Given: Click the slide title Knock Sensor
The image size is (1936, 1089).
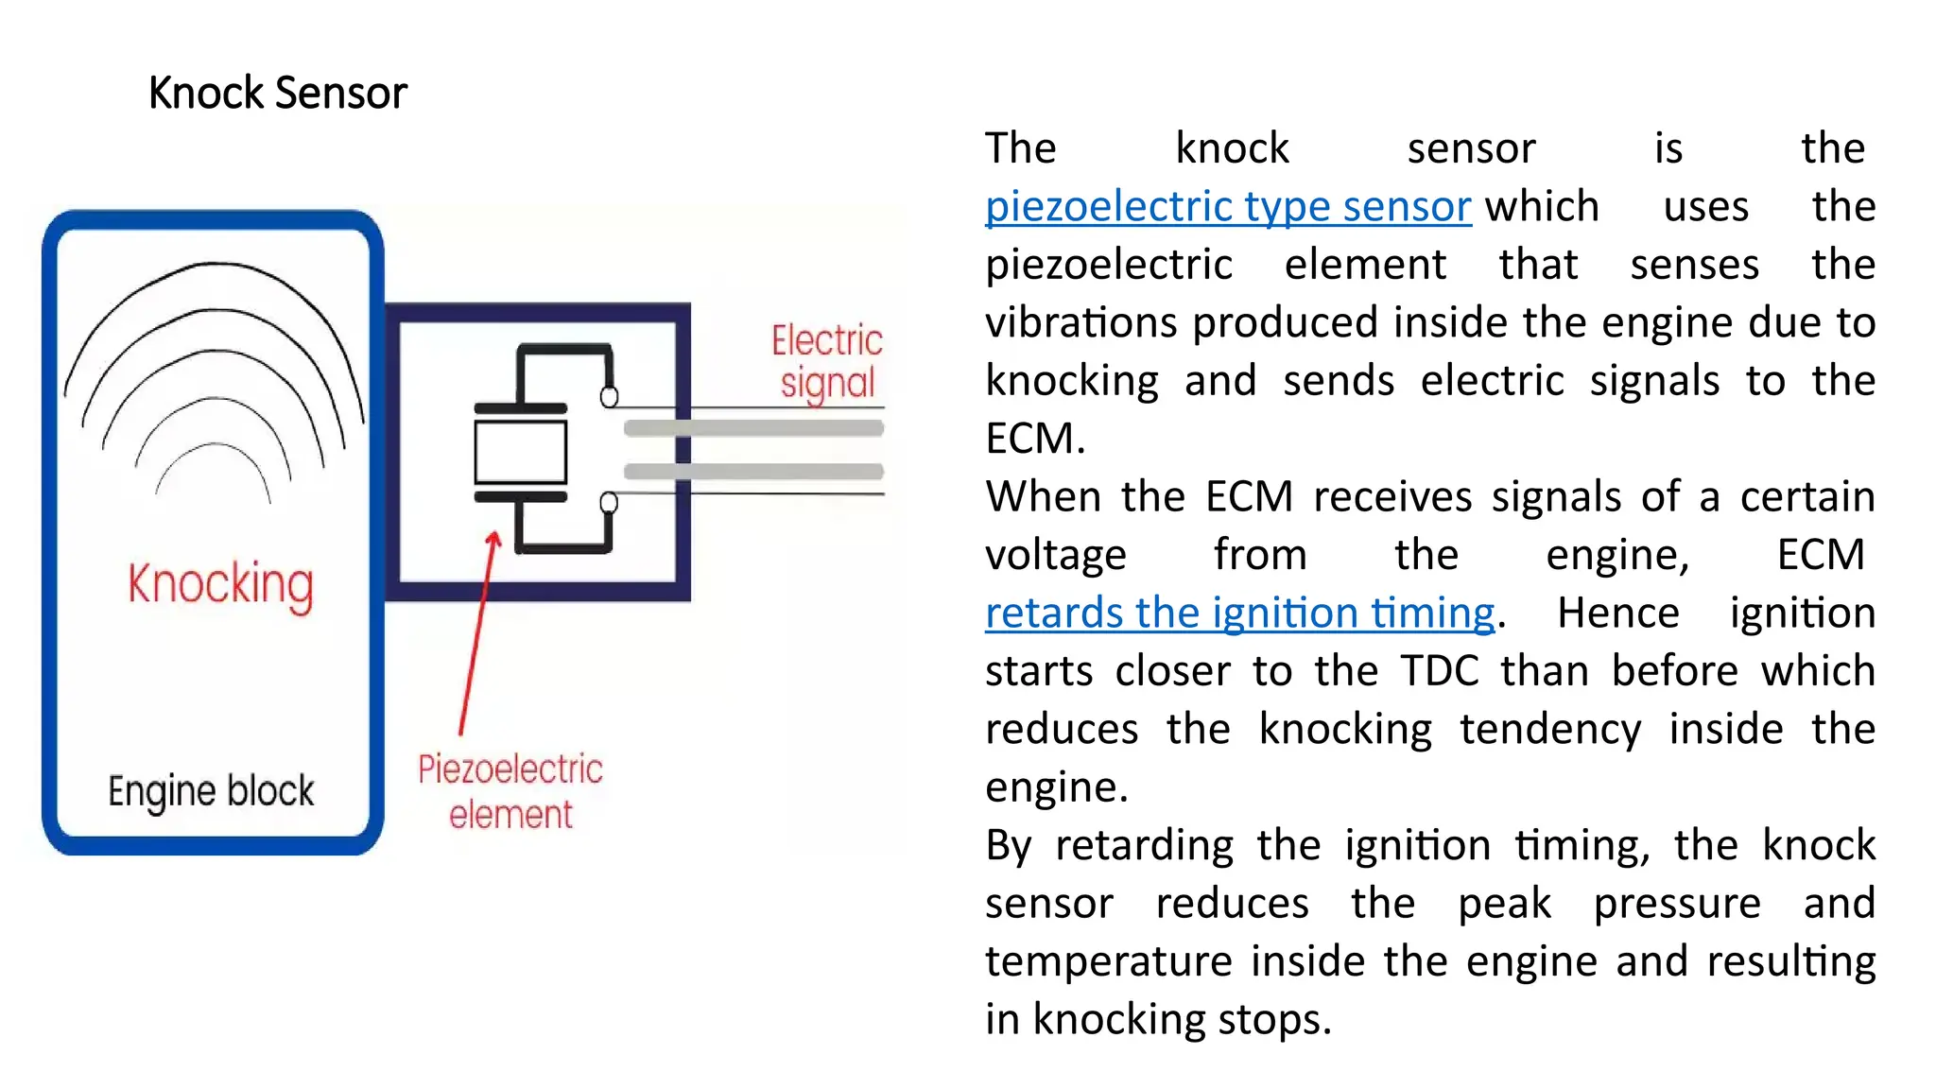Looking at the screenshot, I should click(277, 94).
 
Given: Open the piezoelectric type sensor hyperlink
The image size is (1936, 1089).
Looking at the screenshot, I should click(1227, 207).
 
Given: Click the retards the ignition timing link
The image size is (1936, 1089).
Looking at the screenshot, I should click(1239, 614).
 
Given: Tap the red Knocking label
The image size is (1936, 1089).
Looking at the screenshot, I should click(220, 584).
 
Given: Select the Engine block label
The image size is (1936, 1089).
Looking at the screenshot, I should click(211, 791).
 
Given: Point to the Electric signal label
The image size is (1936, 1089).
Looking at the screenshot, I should click(827, 362).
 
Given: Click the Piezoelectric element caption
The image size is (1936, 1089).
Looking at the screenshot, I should click(510, 791).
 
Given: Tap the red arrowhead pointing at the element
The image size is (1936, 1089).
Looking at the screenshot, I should click(493, 540).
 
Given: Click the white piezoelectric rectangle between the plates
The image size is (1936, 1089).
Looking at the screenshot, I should click(521, 453).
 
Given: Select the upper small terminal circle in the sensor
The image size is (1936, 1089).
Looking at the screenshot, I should click(610, 396).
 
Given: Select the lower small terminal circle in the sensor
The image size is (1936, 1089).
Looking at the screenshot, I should click(610, 502).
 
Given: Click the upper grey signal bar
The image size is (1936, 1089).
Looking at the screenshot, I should click(753, 428).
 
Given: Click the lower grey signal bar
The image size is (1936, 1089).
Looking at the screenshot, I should click(753, 471).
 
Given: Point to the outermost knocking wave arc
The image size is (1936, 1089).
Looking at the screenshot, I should click(216, 266).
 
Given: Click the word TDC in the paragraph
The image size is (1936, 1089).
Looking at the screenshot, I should click(1439, 671).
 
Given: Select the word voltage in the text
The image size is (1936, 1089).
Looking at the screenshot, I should click(1055, 556).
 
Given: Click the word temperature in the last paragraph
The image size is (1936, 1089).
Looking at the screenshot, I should click(1108, 962).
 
